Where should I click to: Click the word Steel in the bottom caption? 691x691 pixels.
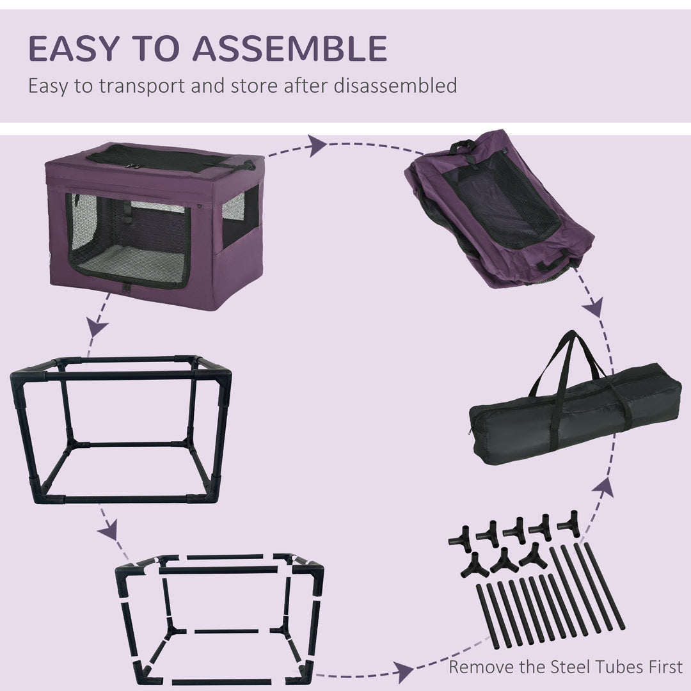573,667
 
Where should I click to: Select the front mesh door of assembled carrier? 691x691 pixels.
128,240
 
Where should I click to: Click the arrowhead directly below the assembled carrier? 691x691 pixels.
97,328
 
